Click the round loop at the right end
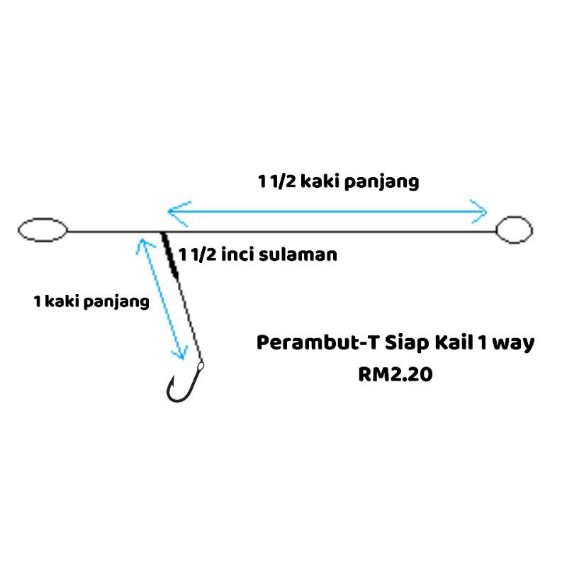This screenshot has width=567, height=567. pos(514,230)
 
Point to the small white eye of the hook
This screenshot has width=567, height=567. pos(200,366)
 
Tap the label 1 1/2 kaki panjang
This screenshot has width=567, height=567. pos(338,181)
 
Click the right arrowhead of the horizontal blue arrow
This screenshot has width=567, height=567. pos(483,210)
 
